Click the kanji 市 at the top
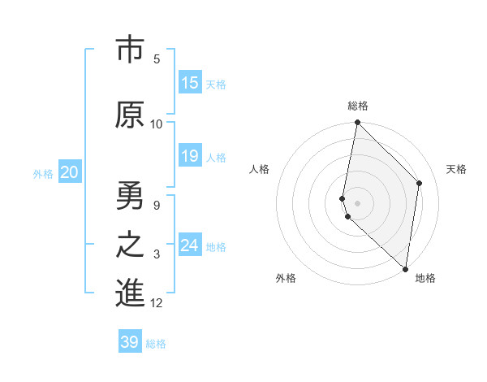click(x=130, y=50)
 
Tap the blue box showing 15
click(x=190, y=83)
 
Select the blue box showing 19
click(x=190, y=156)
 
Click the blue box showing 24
click(x=190, y=245)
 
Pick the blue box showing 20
click(x=70, y=172)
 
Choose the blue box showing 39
click(x=130, y=342)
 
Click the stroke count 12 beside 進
click(x=157, y=303)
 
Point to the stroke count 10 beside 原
click(x=157, y=124)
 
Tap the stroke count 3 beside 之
click(x=157, y=254)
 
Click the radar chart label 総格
click(x=358, y=106)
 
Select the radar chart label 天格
click(x=456, y=169)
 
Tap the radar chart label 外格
click(x=286, y=278)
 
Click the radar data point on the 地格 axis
click(x=405, y=268)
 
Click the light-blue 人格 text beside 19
click(x=216, y=157)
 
